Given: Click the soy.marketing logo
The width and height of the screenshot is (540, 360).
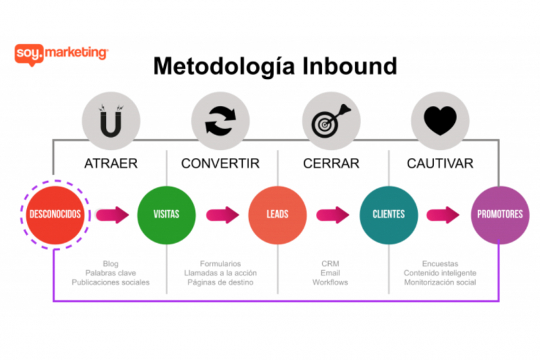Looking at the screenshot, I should pos(61,53).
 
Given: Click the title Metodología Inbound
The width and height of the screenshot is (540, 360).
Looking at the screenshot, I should pos(275,66).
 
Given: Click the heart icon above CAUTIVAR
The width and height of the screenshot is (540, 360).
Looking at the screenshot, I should pos(440,120).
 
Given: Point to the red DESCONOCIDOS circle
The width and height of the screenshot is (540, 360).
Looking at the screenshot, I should pos(55,215).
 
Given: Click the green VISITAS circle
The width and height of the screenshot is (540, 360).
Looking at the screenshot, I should pos(166,215).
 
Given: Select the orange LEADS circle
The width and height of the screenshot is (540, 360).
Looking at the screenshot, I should pos(277,215).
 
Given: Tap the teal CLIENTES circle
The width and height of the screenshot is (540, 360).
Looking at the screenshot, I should pos(388,215).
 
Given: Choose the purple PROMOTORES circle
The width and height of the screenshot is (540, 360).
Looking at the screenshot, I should pos(499,215).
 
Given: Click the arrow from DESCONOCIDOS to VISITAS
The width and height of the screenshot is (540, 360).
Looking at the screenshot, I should pos(112,215).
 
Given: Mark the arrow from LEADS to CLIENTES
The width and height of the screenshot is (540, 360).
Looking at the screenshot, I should pos(333,215).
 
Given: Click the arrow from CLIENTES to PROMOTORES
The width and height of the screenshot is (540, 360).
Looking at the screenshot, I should pos(443,215).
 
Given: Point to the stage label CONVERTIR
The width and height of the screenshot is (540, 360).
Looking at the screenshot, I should pos(220,163).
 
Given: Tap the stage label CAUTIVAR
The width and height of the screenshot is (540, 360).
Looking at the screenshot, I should pos(440,163).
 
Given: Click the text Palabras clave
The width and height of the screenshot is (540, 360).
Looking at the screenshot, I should pos(111,273).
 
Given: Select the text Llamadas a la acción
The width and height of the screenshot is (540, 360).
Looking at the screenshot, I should pos(220,273).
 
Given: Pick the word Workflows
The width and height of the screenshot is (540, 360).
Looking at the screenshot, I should pos(330,282).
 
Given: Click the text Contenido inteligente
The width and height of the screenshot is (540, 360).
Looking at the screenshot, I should pos(440,273).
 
